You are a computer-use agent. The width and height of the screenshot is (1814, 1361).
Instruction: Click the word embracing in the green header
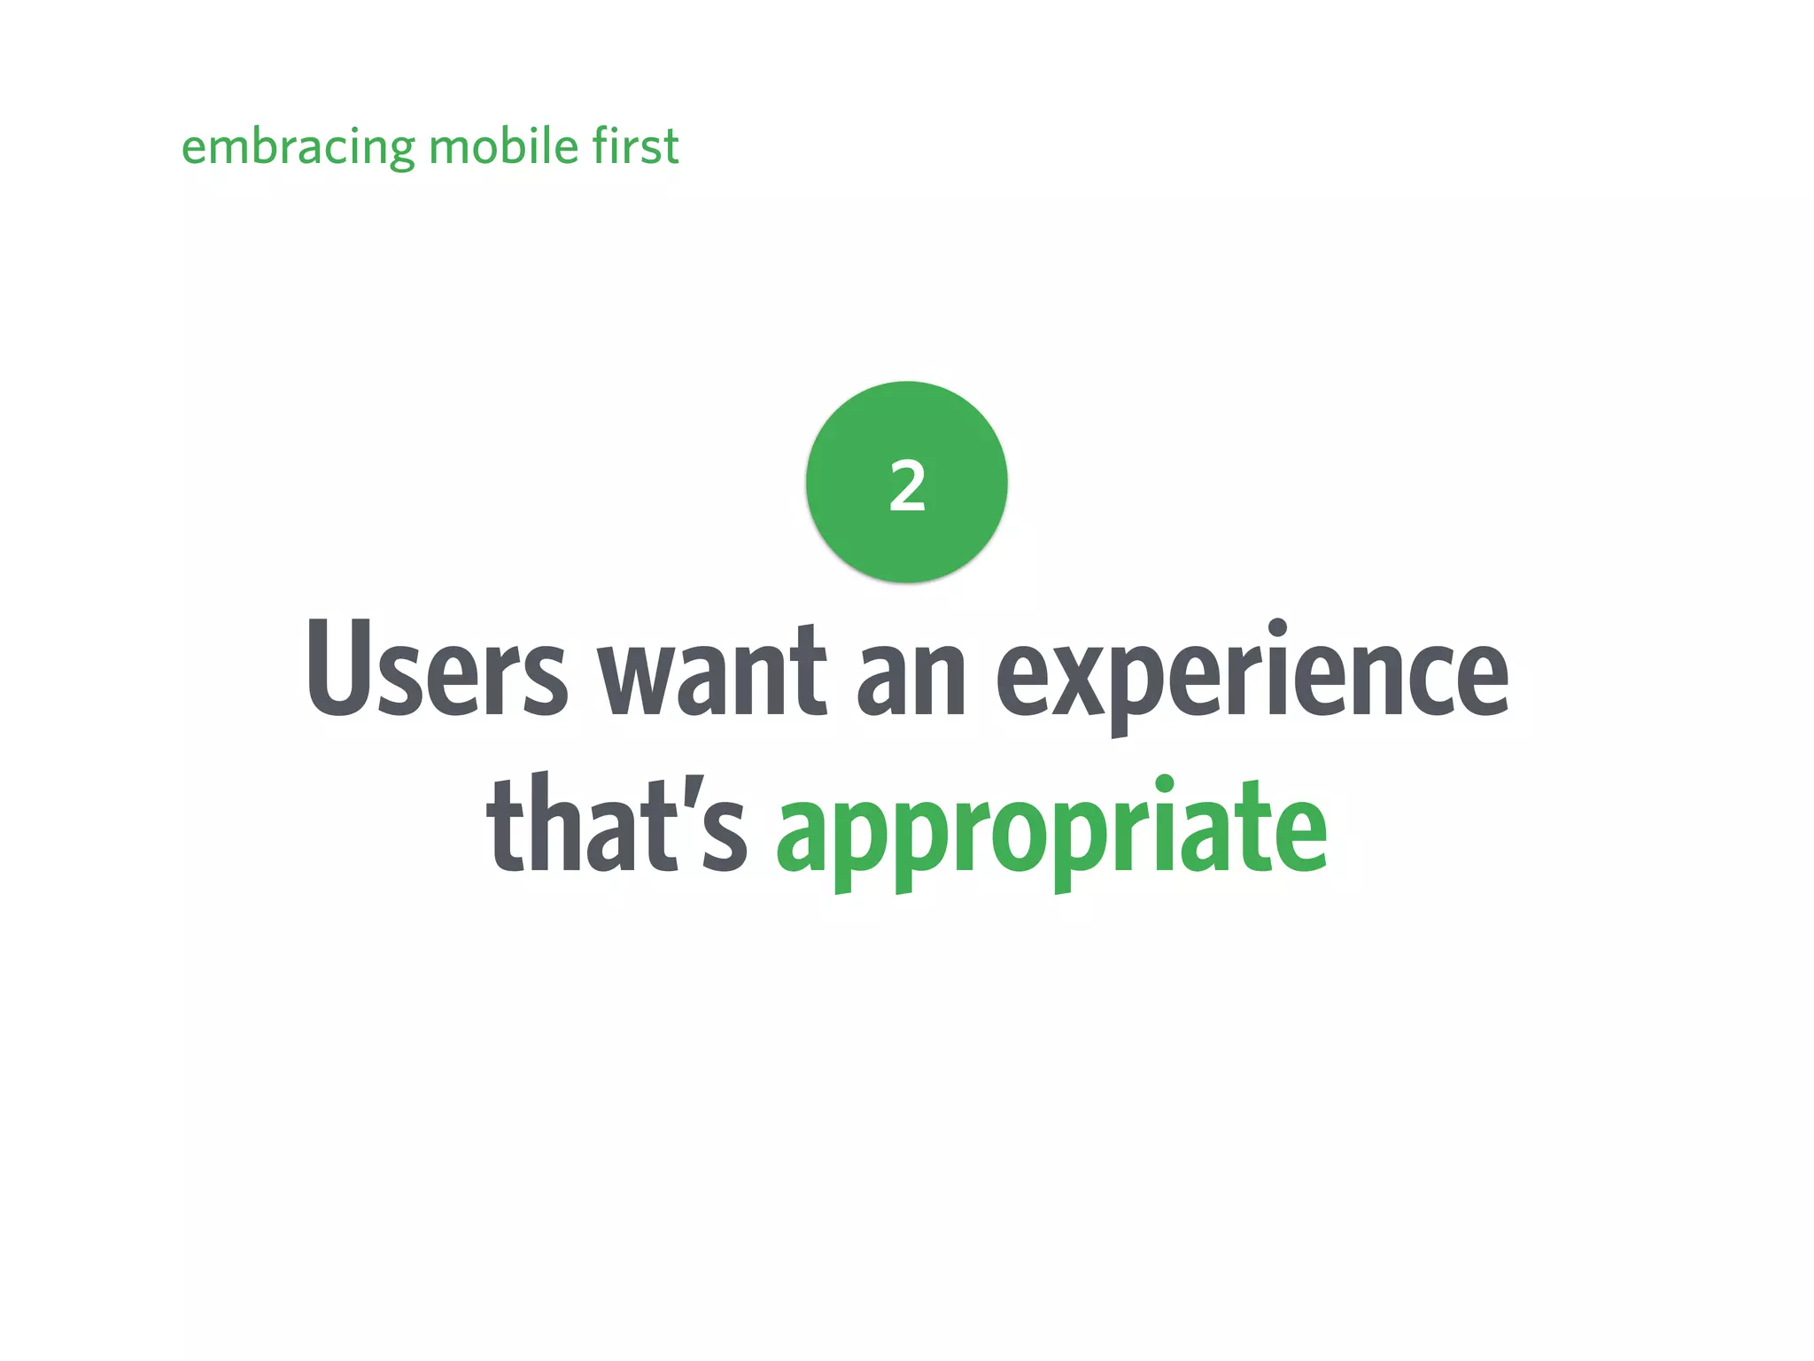click(x=298, y=147)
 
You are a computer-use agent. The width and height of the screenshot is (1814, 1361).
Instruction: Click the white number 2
click(x=907, y=486)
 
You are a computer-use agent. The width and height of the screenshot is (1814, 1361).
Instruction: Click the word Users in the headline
click(x=436, y=669)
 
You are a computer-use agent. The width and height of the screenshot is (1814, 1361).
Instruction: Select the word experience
click(x=1252, y=673)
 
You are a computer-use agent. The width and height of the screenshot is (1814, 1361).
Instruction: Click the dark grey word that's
click(x=616, y=824)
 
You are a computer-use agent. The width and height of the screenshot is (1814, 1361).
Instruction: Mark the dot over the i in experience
click(x=1277, y=628)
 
